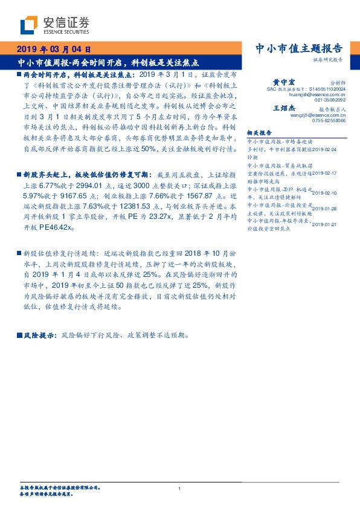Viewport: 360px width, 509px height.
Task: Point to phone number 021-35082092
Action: point(330,100)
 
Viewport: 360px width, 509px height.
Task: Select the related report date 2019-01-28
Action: point(330,209)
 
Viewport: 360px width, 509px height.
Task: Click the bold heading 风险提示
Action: point(39,334)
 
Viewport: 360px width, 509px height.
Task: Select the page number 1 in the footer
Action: point(180,488)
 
